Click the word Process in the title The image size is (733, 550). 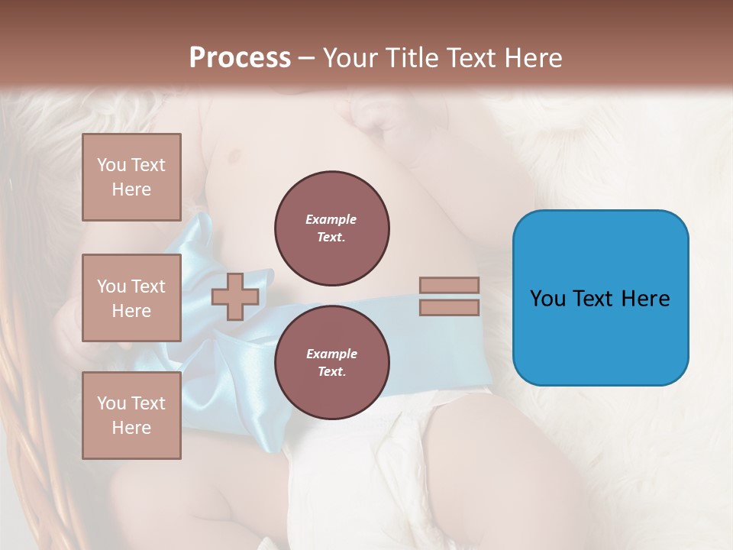pyautogui.click(x=240, y=58)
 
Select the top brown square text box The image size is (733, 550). pyautogui.click(x=131, y=177)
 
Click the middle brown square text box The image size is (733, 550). pyautogui.click(x=131, y=298)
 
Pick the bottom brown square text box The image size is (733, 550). pyautogui.click(x=131, y=416)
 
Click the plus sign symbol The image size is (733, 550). pyautogui.click(x=235, y=296)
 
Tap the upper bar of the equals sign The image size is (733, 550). pyautogui.click(x=449, y=285)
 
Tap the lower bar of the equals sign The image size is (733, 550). pyautogui.click(x=449, y=307)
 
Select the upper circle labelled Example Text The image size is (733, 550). pyautogui.click(x=331, y=228)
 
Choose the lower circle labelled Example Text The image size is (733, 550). pyautogui.click(x=331, y=362)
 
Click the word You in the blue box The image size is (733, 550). pyautogui.click(x=547, y=299)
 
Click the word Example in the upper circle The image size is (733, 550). pyautogui.click(x=331, y=220)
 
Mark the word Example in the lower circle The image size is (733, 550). pyautogui.click(x=331, y=354)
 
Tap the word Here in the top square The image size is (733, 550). pyautogui.click(x=131, y=189)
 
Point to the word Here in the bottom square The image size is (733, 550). pyautogui.click(x=131, y=428)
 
